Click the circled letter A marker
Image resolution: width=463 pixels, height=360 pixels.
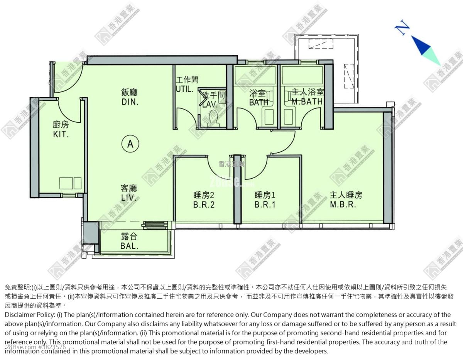(130, 144)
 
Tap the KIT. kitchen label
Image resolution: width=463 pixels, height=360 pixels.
(61, 129)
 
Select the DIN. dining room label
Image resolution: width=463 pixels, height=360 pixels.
(129, 97)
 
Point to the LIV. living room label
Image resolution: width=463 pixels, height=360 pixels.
(129, 193)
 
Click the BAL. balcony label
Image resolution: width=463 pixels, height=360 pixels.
(129, 242)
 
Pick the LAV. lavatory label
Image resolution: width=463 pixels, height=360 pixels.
(211, 100)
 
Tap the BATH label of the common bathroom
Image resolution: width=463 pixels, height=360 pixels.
(259, 98)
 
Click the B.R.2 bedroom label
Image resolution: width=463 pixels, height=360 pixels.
(204, 200)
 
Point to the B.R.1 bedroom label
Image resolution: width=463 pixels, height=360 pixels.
(265, 200)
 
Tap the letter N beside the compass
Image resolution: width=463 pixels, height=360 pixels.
(402, 28)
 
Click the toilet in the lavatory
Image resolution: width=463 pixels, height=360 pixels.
(213, 118)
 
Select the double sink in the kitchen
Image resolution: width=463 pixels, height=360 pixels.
(70, 183)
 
